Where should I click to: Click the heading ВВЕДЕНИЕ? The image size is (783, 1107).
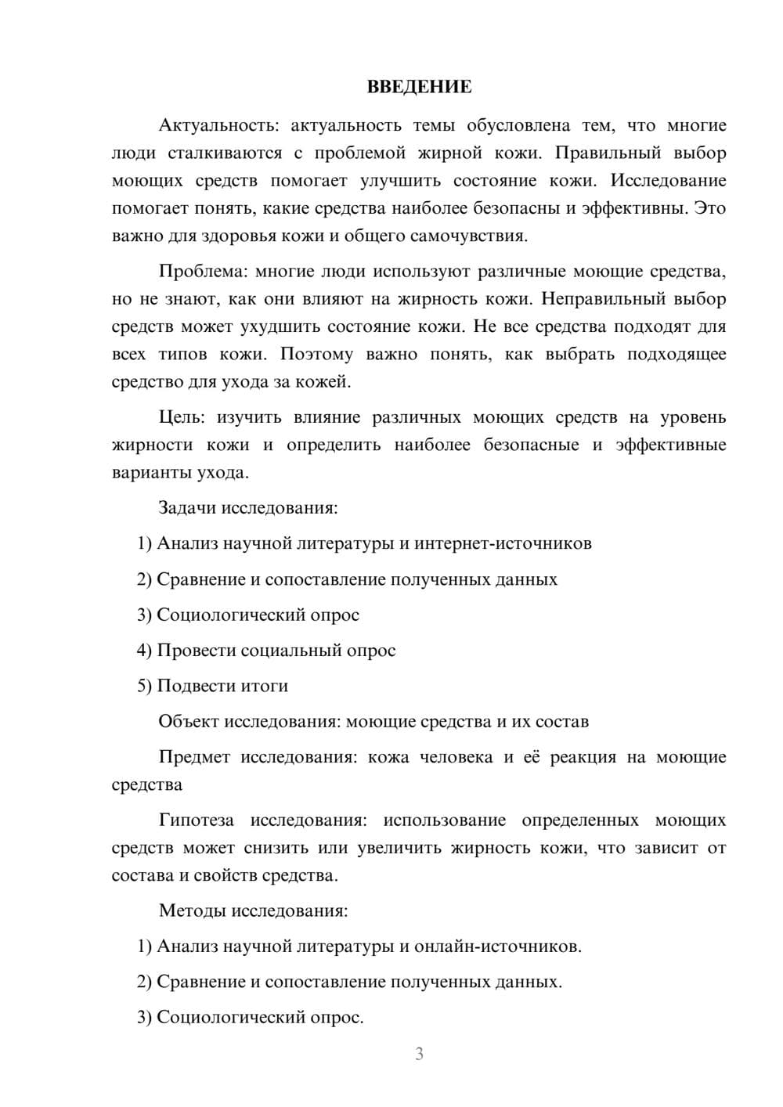419,87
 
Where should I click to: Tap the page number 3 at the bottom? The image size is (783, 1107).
419,1054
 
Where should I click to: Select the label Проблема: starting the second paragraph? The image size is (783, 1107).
203,272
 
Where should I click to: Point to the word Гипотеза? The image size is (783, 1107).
197,820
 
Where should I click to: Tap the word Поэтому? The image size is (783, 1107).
316,355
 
